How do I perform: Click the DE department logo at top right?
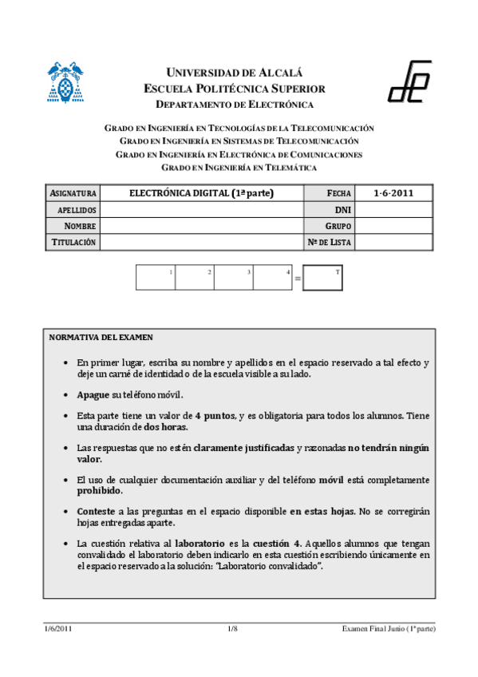click(409, 81)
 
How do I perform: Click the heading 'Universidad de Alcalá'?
click(235, 73)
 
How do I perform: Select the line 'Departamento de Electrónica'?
click(235, 105)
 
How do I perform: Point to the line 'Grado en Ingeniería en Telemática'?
click(239, 168)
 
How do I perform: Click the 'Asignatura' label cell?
click(73, 193)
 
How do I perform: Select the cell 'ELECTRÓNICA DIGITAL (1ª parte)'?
click(201, 193)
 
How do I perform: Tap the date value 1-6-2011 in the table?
click(393, 193)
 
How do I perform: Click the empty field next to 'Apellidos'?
click(201, 209)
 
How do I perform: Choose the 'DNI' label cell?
click(329, 209)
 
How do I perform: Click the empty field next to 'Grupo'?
click(393, 226)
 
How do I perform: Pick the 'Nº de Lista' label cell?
click(329, 242)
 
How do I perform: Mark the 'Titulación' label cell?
click(73, 242)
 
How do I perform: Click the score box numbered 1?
click(156, 277)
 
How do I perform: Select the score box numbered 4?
click(274, 277)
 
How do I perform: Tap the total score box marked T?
click(323, 278)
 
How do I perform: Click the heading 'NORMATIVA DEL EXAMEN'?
click(101, 338)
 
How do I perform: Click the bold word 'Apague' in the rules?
click(93, 395)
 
